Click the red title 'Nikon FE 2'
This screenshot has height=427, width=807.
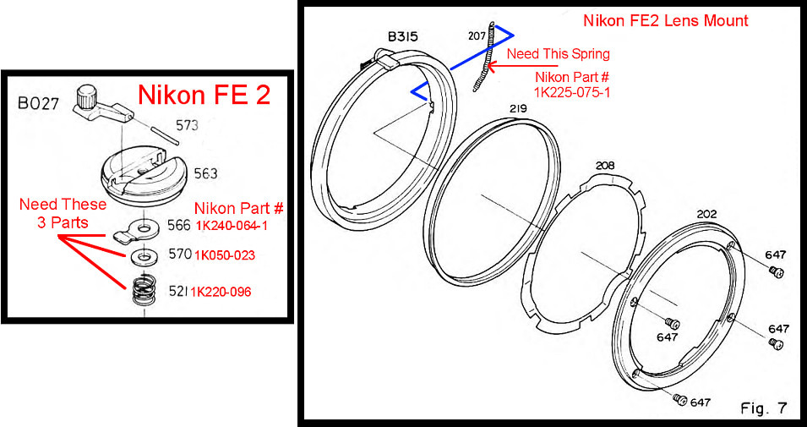tap(204, 95)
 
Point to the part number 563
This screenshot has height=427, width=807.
tap(205, 173)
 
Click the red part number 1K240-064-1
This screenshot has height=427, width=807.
tap(231, 225)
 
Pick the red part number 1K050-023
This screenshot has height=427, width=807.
tap(225, 255)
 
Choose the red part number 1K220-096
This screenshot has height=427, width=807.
tap(221, 292)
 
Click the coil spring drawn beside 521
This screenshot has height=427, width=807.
tap(145, 292)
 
